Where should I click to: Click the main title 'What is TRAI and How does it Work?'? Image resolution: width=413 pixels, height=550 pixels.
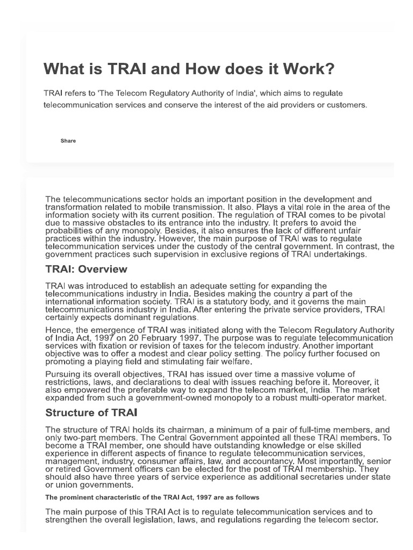188,69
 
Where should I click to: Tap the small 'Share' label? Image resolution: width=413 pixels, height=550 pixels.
68,141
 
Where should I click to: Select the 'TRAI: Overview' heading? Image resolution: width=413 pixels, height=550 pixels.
86,269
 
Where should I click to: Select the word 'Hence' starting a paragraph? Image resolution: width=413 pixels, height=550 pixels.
58,330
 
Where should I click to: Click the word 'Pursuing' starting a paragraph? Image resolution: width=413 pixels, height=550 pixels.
63,374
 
